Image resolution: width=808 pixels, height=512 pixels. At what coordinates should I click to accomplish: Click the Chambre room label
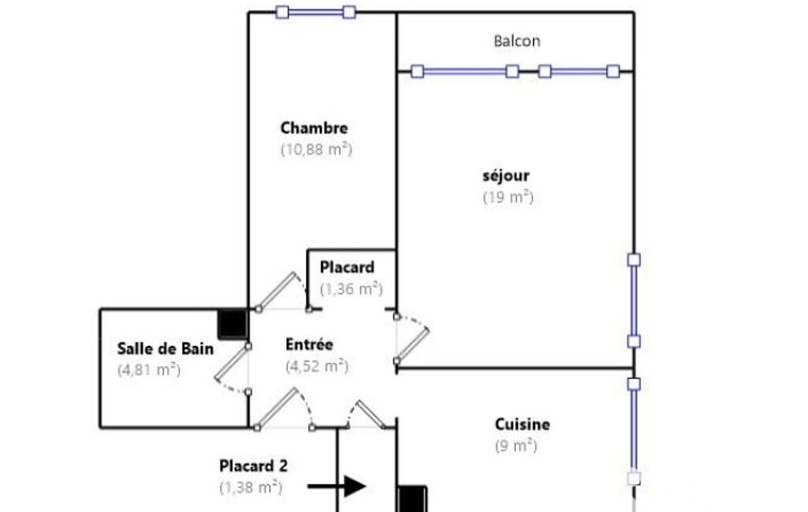[314, 128]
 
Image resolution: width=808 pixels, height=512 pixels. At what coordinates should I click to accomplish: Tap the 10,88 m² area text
[316, 150]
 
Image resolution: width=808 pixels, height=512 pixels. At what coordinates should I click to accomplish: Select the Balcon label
[517, 41]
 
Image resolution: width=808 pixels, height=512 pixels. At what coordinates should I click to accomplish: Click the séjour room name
[506, 176]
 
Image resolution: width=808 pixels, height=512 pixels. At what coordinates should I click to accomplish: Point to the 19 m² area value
[508, 197]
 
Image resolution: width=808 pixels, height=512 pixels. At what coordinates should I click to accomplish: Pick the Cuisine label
[522, 424]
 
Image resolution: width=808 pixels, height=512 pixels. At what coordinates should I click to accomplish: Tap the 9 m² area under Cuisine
[516, 446]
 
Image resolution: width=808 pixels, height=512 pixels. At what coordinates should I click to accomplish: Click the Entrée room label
[309, 344]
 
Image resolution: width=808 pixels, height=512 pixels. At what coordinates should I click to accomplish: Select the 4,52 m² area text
[317, 365]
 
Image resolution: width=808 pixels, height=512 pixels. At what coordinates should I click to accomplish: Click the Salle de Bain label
[166, 349]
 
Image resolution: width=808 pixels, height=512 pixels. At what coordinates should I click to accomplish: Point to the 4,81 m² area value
[149, 370]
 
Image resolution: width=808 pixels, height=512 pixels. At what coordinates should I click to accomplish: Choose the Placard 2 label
[253, 466]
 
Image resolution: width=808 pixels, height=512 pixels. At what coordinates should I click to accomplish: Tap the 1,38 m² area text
[251, 488]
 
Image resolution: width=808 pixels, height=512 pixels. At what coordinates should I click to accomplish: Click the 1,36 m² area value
[352, 288]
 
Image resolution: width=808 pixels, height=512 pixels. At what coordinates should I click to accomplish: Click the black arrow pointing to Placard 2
[337, 486]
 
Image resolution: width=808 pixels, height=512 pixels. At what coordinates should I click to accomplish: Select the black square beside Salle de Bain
[233, 324]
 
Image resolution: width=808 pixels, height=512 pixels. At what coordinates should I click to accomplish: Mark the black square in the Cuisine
[412, 499]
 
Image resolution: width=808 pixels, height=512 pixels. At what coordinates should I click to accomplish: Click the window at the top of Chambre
[316, 12]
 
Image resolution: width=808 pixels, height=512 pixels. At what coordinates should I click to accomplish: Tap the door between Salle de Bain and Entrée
[233, 369]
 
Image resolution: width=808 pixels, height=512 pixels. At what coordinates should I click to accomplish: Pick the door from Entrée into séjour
[412, 339]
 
